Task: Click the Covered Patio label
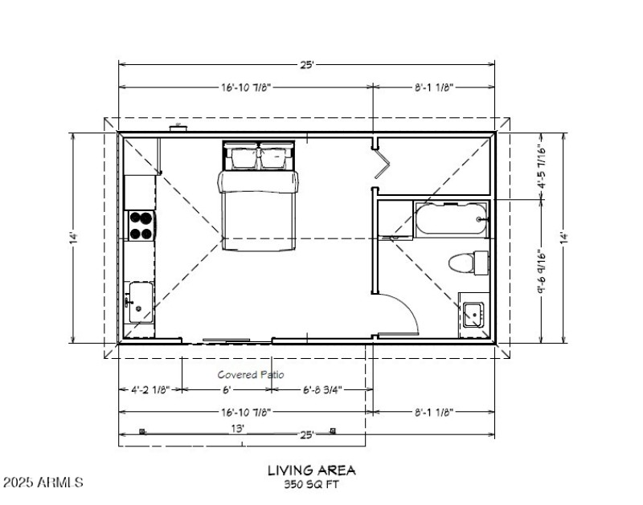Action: click(x=251, y=374)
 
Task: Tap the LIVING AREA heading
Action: click(x=312, y=470)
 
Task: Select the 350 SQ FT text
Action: click(x=311, y=484)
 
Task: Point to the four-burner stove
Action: click(x=141, y=225)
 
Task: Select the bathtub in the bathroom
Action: click(x=451, y=219)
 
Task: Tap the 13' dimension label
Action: click(x=237, y=429)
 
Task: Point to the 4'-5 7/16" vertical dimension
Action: click(x=543, y=166)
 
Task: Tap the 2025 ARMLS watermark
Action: click(x=43, y=483)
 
